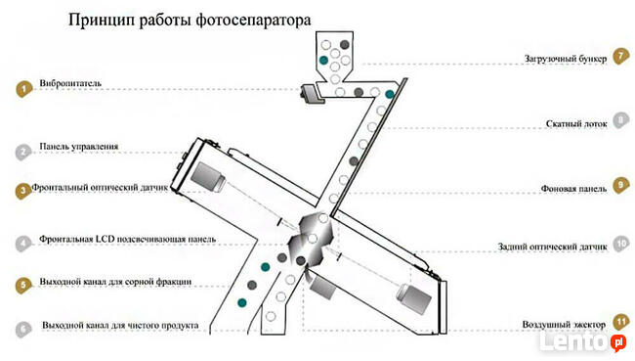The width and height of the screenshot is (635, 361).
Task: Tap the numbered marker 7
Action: coord(619,56)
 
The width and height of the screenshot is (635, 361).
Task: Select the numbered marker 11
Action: coord(619,321)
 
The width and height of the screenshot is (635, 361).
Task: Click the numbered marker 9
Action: coord(619,185)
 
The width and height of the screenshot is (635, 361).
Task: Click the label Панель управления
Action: coord(79,147)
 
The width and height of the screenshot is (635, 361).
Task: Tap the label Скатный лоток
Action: coord(576,124)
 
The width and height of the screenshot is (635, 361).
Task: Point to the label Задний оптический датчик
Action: coord(554,248)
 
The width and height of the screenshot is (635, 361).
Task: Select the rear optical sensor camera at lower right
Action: coord(412,298)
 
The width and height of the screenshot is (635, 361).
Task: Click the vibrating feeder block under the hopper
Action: coord(314,93)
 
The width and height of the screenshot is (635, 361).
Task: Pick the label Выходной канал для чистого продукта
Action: coord(121,324)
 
